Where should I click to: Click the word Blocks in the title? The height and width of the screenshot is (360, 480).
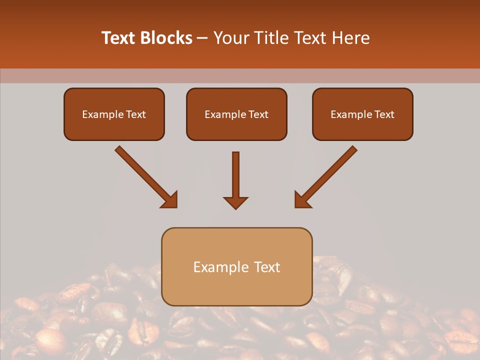[x=166, y=38]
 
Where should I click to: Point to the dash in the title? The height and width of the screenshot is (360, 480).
[x=202, y=38]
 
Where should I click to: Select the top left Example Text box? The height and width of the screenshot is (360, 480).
[x=114, y=114]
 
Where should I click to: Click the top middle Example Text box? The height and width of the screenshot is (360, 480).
[x=236, y=114]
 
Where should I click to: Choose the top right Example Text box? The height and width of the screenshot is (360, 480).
[x=362, y=114]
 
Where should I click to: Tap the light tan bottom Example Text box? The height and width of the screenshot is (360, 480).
[x=236, y=266]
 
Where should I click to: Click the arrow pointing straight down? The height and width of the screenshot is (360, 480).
[x=235, y=177]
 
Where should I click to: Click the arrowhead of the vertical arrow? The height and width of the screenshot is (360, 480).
[x=235, y=202]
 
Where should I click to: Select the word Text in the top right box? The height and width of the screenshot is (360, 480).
[x=384, y=114]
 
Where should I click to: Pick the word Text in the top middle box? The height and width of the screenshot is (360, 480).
[x=258, y=114]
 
